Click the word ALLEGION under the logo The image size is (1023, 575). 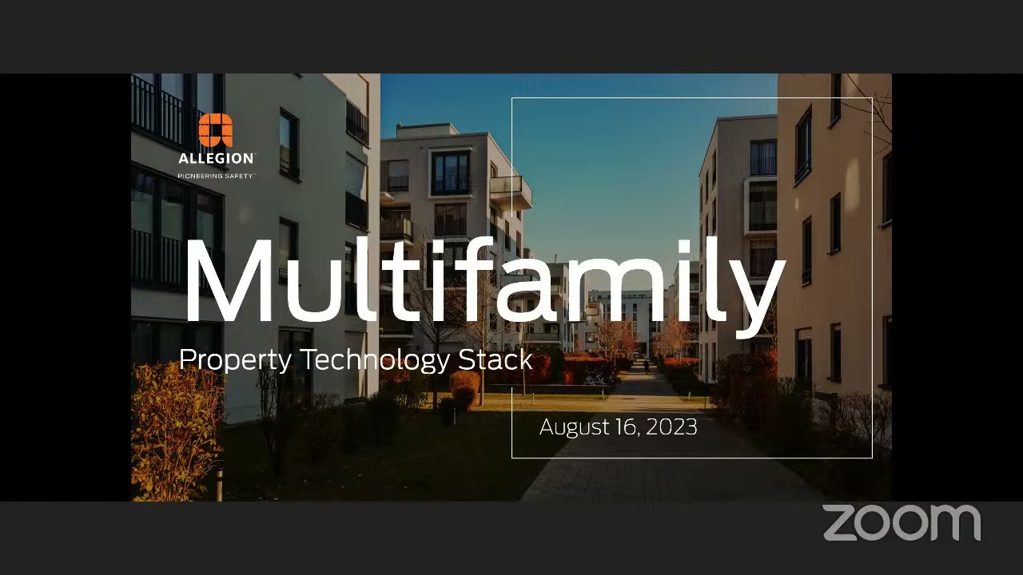217,159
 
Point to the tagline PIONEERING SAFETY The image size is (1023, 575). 216,176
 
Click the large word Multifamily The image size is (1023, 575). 484,276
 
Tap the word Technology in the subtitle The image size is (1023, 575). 376,360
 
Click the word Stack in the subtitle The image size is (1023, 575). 496,359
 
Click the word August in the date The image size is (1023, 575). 575,427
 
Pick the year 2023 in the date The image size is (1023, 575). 671,427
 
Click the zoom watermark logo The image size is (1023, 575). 902,522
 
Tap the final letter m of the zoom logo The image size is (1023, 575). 955,523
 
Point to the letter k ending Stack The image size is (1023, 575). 525,359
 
